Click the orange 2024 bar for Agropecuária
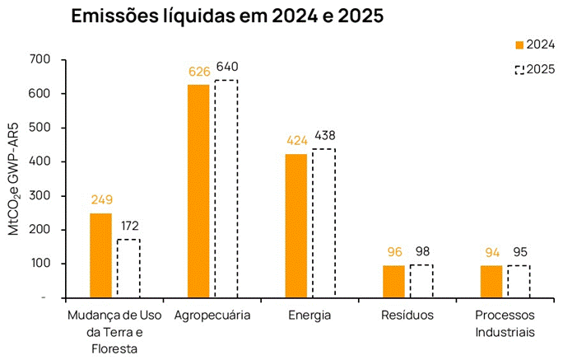[198, 190]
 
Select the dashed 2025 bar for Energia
[323, 222]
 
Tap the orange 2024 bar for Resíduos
[393, 281]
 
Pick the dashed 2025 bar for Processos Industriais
[519, 281]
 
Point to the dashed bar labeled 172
[128, 268]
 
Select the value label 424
[295, 140]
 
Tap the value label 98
[421, 251]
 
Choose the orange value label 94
[491, 252]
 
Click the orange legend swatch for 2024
[519, 44]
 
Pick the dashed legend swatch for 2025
[519, 69]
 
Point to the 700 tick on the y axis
[38, 60]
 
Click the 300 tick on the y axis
[38, 196]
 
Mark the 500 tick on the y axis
[38, 128]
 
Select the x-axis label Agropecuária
[212, 316]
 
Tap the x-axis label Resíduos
[407, 316]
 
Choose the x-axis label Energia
[309, 316]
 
